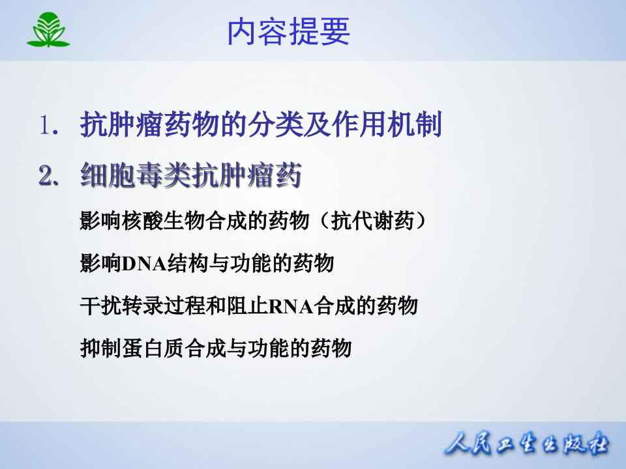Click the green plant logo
[48, 31]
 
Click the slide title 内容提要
[288, 31]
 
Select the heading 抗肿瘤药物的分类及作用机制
[261, 125]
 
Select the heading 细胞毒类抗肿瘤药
[190, 176]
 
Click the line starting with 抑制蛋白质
[215, 347]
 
